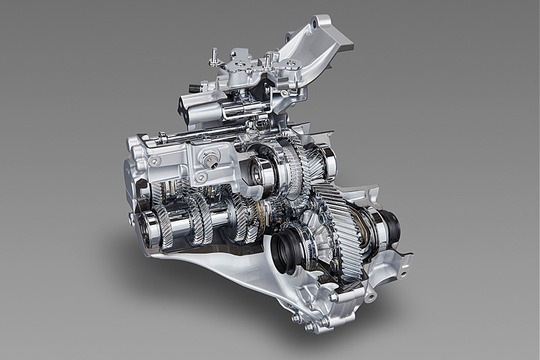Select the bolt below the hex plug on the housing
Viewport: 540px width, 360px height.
point(200,177)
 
